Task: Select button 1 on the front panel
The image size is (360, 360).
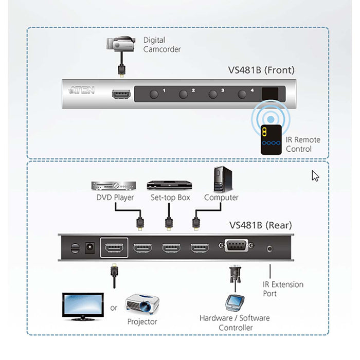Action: pos(154,94)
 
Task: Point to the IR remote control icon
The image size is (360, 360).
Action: pos(271,139)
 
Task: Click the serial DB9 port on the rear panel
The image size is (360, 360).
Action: pos(235,247)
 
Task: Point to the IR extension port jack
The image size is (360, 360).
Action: pos(270,248)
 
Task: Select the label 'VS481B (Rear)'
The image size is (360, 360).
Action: pos(260,225)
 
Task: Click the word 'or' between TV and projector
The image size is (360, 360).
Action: pos(114,308)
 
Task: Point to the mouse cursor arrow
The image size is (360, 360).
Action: pos(315,175)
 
